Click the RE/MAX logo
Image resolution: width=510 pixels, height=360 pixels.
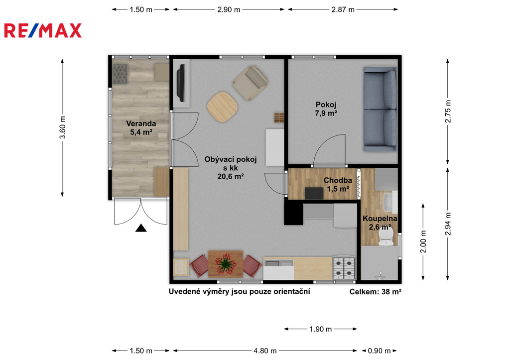pos(43,30)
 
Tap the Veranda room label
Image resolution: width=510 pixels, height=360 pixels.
pos(141,123)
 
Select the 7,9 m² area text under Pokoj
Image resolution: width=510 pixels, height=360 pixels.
pos(326,113)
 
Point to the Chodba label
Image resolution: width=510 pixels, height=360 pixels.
pos(338,180)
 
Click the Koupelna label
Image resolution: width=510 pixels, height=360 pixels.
pos(380,219)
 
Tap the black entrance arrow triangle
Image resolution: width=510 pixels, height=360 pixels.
pos(141,228)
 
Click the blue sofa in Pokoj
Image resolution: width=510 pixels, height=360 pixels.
pos(380,109)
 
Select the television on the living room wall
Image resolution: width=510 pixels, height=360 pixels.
pos(181,83)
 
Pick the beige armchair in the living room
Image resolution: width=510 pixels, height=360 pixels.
pos(250,83)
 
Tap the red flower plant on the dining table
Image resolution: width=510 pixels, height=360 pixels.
pos(226,263)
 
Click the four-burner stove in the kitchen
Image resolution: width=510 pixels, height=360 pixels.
pos(344,268)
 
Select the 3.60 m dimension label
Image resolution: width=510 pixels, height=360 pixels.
pos(63,127)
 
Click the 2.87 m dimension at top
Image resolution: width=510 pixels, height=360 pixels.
pos(343,9)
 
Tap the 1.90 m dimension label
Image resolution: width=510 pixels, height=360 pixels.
pos(320,329)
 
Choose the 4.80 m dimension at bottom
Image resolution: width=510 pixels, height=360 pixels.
pos(265,351)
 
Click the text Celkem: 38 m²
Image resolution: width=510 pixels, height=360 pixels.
pos(376,292)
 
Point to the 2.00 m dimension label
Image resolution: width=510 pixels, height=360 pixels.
pos(423,241)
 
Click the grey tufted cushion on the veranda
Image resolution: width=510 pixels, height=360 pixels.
pos(120,74)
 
